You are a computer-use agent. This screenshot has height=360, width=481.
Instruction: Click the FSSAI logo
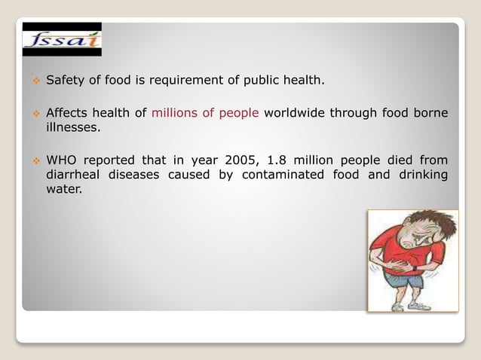pos(62,39)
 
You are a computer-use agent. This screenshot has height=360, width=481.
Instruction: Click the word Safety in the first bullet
pos(65,79)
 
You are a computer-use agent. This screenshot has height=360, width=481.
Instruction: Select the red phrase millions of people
pos(205,114)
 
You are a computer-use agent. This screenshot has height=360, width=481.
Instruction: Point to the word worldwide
pos(296,114)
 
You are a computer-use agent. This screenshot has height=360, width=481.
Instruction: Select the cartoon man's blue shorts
pos(404,281)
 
